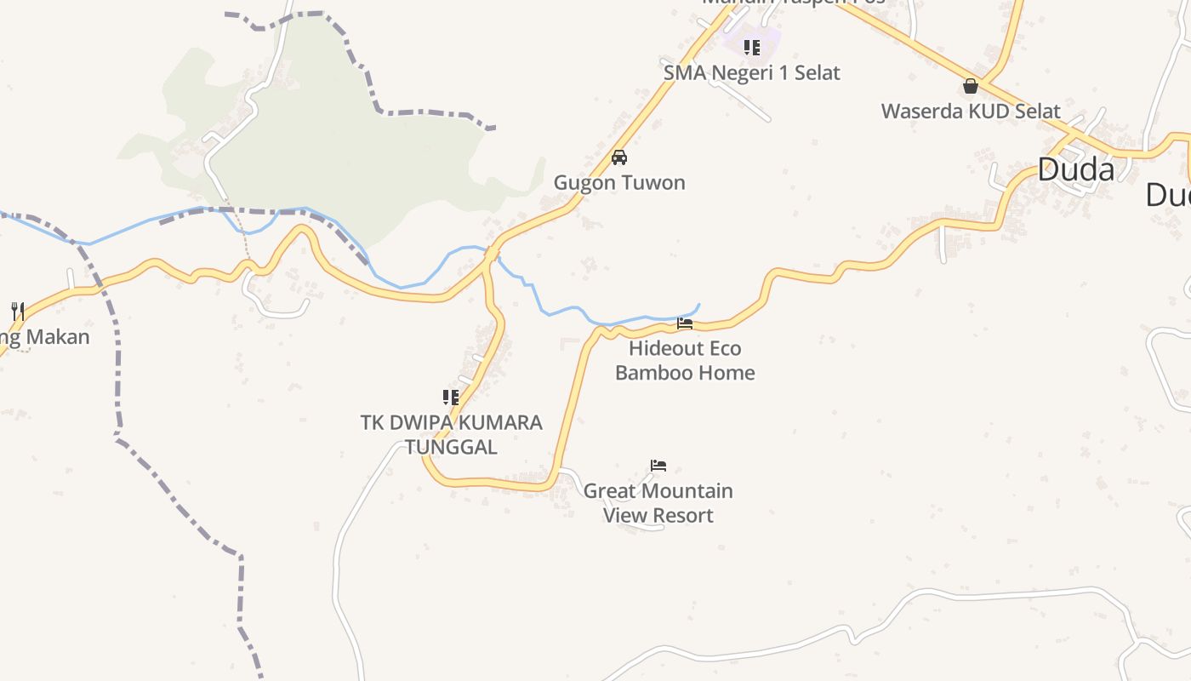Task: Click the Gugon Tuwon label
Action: click(619, 182)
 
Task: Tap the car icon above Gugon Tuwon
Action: click(619, 157)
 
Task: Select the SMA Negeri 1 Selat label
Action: click(751, 72)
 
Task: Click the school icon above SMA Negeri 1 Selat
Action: click(751, 48)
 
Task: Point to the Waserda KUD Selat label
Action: click(971, 112)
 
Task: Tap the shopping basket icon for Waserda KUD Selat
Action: click(971, 87)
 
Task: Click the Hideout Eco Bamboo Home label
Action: click(685, 360)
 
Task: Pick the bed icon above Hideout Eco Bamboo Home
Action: click(685, 323)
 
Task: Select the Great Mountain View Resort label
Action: click(658, 503)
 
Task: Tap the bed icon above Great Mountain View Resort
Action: click(658, 466)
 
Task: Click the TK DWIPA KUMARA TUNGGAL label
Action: click(451, 434)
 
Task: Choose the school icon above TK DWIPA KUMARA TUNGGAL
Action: click(451, 397)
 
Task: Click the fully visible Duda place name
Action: click(1076, 170)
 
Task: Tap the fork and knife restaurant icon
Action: click(17, 311)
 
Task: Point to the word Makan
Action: click(58, 337)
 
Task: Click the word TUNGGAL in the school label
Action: click(451, 447)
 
